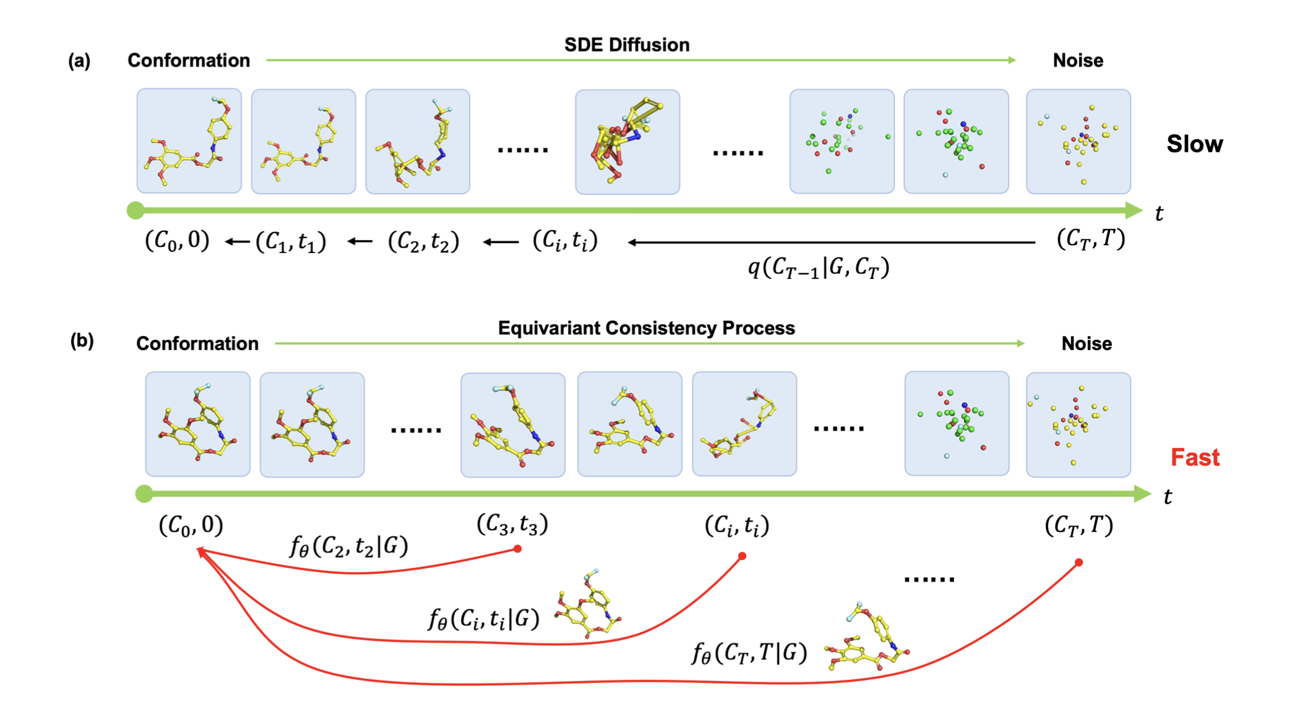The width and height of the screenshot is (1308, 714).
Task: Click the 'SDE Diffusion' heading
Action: click(626, 45)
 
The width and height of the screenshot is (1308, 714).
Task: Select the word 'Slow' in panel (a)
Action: click(1194, 144)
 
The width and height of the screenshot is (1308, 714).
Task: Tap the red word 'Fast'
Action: click(1195, 458)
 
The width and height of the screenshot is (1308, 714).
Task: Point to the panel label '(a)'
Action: click(79, 61)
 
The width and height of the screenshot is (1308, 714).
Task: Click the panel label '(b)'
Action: click(82, 341)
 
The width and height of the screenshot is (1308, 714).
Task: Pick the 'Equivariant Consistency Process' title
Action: click(646, 328)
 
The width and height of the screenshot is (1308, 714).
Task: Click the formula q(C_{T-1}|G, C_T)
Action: click(818, 268)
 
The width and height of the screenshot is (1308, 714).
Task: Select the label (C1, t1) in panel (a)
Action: click(290, 241)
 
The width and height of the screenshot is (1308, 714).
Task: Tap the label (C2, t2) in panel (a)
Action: click(423, 241)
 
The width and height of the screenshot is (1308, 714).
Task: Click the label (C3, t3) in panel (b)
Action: click(512, 524)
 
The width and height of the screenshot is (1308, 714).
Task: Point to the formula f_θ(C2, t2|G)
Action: click(348, 546)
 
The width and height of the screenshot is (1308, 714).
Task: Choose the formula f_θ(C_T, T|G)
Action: click(749, 653)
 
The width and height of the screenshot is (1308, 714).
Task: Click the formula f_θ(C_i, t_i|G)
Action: click(483, 619)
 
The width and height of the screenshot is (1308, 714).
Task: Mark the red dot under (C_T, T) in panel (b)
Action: click(1078, 562)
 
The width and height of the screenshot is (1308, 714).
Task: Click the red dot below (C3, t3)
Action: click(518, 549)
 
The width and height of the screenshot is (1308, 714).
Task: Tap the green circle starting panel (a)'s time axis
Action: click(136, 210)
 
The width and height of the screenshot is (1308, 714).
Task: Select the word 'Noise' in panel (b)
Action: click(1086, 343)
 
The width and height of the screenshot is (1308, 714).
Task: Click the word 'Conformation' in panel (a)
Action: click(189, 61)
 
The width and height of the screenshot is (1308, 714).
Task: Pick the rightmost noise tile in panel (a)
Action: click(1078, 141)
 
